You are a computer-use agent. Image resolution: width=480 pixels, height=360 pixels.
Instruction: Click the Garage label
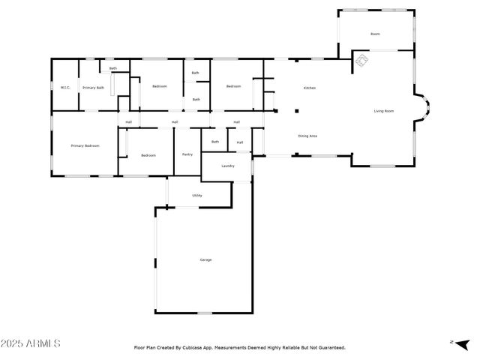pos(205,260)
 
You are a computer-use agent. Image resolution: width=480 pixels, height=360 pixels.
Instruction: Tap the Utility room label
pos(196,196)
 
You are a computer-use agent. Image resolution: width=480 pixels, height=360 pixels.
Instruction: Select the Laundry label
pos(229,166)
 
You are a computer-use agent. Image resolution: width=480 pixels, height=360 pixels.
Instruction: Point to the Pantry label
pos(187,154)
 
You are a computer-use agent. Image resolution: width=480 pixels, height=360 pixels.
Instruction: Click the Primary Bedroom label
pos(85,145)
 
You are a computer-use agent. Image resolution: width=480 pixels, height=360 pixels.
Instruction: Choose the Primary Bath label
pos(94,88)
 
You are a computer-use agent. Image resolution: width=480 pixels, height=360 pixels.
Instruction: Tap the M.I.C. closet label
pos(65,88)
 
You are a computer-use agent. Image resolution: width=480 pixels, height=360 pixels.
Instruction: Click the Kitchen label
pos(309,88)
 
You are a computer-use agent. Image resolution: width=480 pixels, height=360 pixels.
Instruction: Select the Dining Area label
pos(307,136)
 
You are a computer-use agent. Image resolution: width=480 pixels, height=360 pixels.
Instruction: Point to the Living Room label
pos(384,111)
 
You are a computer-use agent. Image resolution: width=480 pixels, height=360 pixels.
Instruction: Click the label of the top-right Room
pos(375,34)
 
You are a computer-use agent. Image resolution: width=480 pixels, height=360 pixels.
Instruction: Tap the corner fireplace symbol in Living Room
pos(361,59)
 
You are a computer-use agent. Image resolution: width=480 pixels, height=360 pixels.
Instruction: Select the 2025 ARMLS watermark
pos(31,343)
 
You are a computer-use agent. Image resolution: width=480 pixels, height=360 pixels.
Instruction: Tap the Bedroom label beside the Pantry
pos(148,155)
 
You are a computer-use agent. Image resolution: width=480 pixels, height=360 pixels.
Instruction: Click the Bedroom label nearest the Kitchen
pos(234,86)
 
